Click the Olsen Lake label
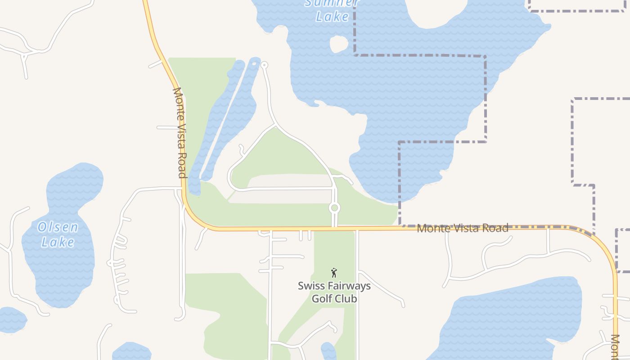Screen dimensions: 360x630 pyautogui.click(x=58, y=234)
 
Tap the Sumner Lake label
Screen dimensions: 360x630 pyautogui.click(x=332, y=10)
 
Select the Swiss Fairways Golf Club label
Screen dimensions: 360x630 pyautogui.click(x=334, y=292)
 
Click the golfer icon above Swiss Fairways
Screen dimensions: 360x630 pyautogui.click(x=334, y=273)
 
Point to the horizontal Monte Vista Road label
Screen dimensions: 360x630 pyautogui.click(x=463, y=228)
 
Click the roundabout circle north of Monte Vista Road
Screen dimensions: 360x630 pyautogui.click(x=334, y=208)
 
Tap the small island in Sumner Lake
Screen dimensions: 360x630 pyautogui.click(x=339, y=44)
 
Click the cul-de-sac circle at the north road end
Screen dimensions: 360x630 pyautogui.click(x=264, y=65)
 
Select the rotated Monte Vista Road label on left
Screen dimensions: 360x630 pyautogui.click(x=180, y=133)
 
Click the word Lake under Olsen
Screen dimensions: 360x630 pyautogui.click(x=58, y=242)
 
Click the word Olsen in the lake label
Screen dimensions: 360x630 pyautogui.click(x=58, y=227)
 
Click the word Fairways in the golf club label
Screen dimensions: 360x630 pyautogui.click(x=346, y=286)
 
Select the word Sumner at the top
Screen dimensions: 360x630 pyautogui.click(x=332, y=3)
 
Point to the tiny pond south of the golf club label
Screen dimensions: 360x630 pyautogui.click(x=329, y=351)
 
